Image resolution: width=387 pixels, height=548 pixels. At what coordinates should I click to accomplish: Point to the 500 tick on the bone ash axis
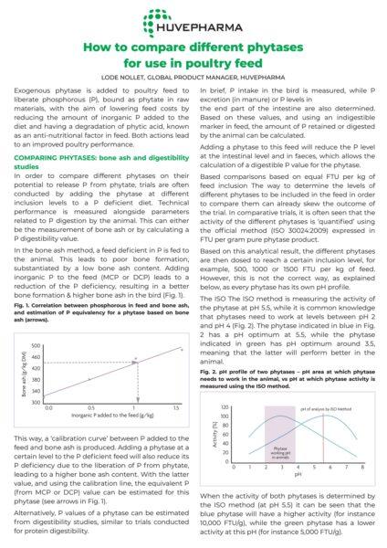43,345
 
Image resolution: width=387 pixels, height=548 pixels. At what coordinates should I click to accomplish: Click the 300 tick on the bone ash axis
43,401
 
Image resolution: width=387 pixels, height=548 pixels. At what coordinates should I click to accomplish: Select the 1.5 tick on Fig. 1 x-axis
174,408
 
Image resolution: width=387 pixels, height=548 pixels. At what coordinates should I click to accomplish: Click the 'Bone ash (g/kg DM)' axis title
25,373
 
